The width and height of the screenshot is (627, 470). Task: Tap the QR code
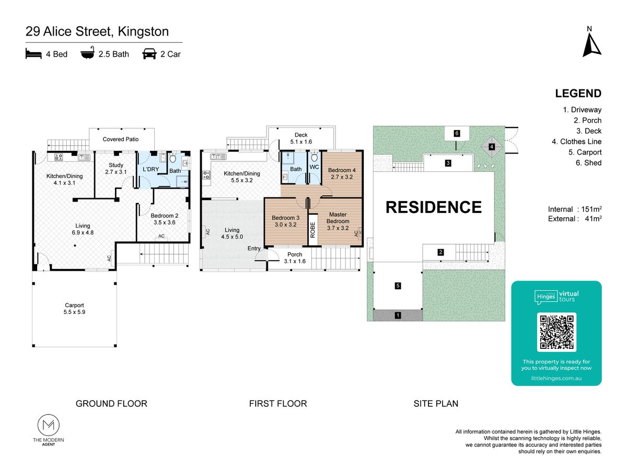(556, 332)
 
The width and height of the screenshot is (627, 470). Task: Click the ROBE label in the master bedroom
(312, 230)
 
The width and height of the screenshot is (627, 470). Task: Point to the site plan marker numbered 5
(398, 286)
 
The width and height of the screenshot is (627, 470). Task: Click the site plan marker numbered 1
(398, 315)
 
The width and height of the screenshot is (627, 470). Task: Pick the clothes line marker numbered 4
(491, 147)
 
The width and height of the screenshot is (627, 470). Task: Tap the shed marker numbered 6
(457, 133)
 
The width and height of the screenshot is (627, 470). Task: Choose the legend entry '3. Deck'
(589, 131)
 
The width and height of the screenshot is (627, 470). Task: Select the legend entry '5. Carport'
(585, 152)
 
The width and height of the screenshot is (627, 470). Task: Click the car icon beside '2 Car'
(149, 54)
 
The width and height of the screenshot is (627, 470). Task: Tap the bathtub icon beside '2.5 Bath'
(88, 53)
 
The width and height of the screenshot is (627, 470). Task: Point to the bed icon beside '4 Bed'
(33, 53)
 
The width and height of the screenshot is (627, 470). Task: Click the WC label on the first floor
(314, 167)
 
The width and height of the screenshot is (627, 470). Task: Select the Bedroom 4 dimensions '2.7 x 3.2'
(342, 177)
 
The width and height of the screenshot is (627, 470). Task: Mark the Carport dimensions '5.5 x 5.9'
(74, 312)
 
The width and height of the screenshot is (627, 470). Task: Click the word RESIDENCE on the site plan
(434, 207)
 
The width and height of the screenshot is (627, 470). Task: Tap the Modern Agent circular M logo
(49, 425)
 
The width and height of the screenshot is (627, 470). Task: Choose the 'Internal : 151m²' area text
(575, 209)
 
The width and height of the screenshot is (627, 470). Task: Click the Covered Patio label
(121, 139)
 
